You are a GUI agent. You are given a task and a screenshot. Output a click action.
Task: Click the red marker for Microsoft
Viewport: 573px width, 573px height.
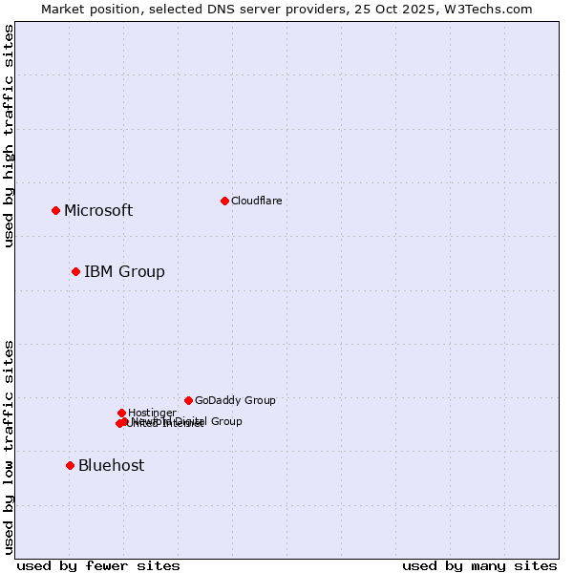point(55,210)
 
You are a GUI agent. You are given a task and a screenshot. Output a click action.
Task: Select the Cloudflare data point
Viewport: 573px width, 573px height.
point(224,201)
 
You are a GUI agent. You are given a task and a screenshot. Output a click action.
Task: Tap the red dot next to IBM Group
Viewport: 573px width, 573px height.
point(75,271)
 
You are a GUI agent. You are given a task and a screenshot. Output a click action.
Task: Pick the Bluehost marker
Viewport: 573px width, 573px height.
point(70,465)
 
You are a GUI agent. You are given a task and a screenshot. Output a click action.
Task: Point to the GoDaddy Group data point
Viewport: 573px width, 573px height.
point(188,400)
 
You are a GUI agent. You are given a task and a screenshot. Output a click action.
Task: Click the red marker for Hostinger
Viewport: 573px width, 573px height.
point(121,413)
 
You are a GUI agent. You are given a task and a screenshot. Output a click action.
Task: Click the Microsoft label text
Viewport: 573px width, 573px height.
point(98,211)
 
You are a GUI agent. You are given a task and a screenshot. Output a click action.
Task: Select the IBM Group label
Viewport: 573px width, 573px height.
point(124,272)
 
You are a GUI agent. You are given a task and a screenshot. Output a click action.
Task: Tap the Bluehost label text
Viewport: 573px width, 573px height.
point(111,466)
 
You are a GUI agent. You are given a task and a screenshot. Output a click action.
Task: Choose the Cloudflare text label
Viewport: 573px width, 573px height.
point(256,201)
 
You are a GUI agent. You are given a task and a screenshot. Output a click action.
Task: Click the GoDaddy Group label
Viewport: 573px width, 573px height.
point(235,401)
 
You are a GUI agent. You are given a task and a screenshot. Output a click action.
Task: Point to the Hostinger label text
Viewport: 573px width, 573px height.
point(152,413)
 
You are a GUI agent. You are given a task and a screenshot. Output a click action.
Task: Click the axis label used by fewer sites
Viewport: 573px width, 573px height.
point(98,565)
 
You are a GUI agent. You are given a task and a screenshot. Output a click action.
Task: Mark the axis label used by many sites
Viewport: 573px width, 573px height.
point(479,565)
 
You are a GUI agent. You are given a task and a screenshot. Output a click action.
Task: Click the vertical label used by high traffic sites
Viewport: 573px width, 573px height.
point(9,137)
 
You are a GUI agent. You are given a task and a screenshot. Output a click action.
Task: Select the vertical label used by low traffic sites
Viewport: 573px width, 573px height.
point(9,447)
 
